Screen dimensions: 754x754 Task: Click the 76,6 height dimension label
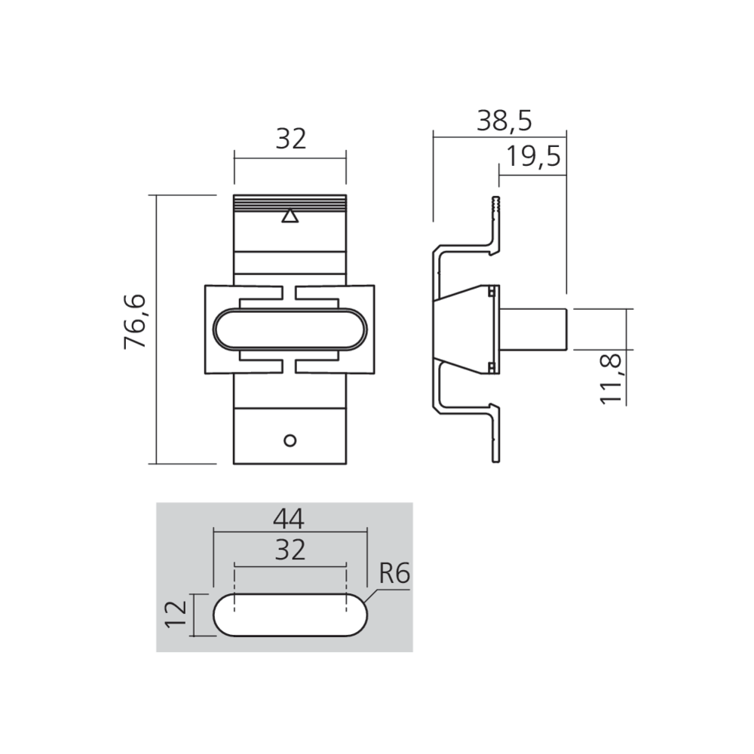[x=135, y=323]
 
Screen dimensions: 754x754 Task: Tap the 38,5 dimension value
[x=504, y=120]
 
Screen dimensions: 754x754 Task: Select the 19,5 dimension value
[x=533, y=157]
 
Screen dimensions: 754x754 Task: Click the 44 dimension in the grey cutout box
[x=290, y=519]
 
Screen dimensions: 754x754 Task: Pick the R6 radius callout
[x=393, y=575]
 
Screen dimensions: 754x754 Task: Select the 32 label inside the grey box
[x=290, y=550]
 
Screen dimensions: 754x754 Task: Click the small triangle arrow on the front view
[x=290, y=217]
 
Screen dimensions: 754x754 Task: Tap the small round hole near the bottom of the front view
[x=290, y=440]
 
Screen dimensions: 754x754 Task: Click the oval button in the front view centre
[x=290, y=330]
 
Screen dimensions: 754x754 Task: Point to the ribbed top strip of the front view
[x=290, y=203]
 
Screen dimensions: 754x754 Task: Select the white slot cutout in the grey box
[x=290, y=614]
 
